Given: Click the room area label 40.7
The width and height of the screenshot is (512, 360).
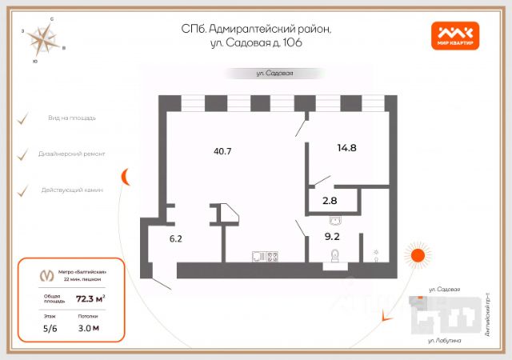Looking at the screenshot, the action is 223,150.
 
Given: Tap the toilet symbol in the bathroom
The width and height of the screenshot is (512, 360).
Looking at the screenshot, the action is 335,257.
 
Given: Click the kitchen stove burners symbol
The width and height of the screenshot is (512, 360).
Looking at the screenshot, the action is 272,257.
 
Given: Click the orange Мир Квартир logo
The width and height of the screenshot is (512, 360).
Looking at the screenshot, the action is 455,35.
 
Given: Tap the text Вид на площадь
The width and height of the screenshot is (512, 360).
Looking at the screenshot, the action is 71,118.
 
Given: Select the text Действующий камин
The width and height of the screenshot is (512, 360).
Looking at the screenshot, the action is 77,190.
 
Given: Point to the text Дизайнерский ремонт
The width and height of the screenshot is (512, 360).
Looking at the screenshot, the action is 77,154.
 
